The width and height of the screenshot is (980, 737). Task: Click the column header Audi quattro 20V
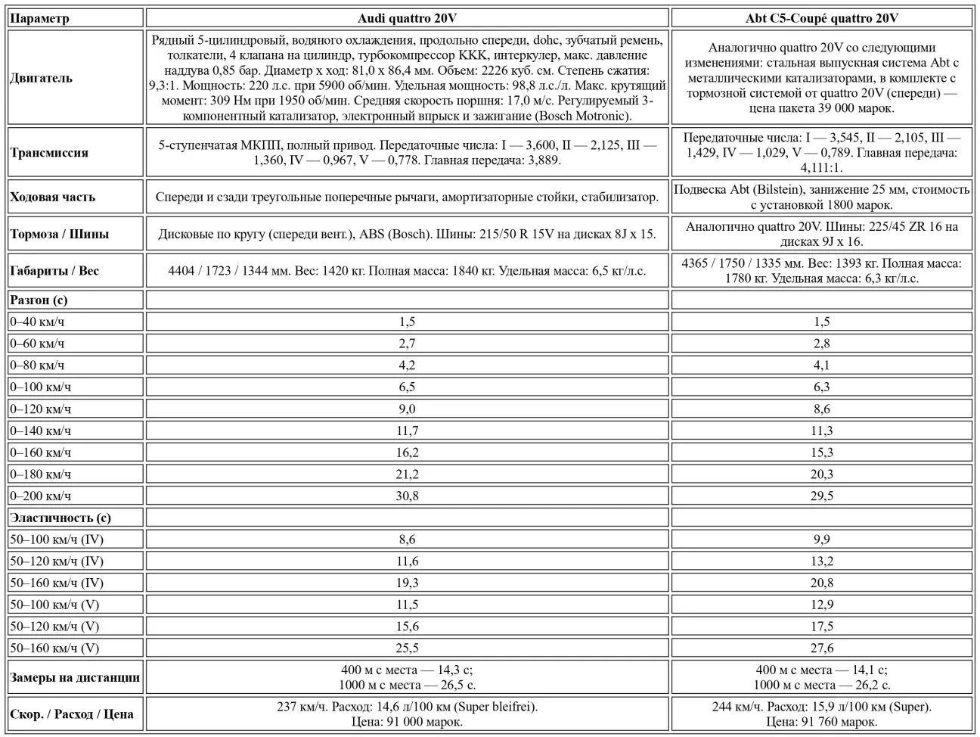(407, 18)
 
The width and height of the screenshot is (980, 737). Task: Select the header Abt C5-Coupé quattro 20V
(821, 18)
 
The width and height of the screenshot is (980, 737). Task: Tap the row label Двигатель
(42, 78)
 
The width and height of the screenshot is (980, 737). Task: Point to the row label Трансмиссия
(49, 152)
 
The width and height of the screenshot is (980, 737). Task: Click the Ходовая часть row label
(53, 197)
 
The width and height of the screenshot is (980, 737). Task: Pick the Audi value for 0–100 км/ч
(407, 387)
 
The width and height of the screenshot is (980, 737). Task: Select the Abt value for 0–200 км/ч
(821, 496)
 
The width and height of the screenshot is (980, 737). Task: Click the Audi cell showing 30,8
(407, 496)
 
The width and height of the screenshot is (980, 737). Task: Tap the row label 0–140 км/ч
(41, 431)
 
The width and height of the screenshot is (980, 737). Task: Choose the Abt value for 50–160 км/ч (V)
(821, 648)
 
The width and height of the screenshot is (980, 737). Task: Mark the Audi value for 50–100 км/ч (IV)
(407, 540)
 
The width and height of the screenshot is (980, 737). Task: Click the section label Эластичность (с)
(60, 518)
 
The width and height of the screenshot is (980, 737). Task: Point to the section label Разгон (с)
(39, 300)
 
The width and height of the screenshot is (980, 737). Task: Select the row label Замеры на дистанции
(75, 677)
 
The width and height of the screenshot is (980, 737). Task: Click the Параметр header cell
(39, 18)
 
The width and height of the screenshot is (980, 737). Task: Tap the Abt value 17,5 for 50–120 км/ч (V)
(821, 626)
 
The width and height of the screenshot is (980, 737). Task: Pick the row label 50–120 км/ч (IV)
(57, 561)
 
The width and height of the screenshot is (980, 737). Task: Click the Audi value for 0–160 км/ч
(407, 452)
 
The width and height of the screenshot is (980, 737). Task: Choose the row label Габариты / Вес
(54, 271)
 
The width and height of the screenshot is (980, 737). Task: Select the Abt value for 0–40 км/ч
(821, 322)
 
